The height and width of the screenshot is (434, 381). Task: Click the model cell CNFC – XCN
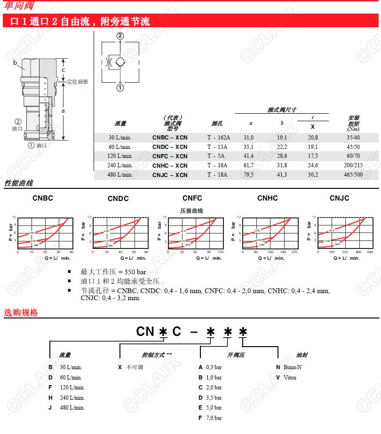pos(169,156)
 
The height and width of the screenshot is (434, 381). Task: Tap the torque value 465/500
pos(353,175)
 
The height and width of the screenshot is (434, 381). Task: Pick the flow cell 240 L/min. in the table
pos(120,165)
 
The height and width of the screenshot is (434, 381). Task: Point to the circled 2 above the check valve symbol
pos(120,36)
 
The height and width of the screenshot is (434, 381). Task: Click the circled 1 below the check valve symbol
pos(120,88)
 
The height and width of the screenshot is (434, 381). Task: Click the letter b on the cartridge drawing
pos(15,62)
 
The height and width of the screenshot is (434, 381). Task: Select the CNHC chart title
pos(267,198)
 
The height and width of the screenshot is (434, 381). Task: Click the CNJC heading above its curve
pos(339,198)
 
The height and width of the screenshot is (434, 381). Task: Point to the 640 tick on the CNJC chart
pos(370,252)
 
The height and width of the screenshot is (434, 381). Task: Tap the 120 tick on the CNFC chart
pos(220,252)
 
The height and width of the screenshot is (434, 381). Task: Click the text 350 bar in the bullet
pos(135,272)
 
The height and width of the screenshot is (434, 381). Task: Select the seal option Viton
pos(290,378)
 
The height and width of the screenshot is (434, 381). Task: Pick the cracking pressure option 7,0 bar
pos(214,418)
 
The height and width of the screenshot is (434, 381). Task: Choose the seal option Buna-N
pos(292,367)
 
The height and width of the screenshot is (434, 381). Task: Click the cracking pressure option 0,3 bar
pos(214,367)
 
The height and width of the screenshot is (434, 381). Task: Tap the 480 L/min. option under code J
pos(72,408)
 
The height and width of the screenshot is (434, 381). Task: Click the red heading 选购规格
pos(21,313)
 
